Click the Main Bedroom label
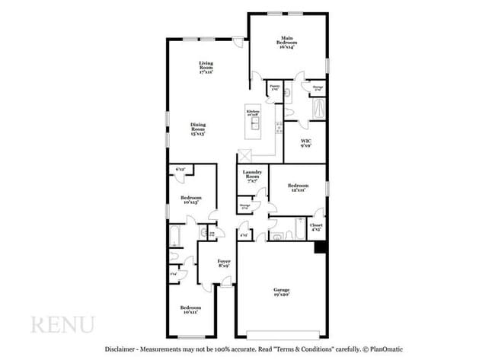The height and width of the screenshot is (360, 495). (287, 41)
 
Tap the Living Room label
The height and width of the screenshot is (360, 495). (205, 67)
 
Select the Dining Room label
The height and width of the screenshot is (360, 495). (198, 129)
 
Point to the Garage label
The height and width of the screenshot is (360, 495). (283, 292)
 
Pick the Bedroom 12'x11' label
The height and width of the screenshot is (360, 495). (298, 187)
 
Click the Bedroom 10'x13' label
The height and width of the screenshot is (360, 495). (190, 201)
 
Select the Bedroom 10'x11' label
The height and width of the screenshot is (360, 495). (190, 309)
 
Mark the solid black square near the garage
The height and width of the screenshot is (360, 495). (320, 247)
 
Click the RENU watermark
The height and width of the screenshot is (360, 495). (62, 324)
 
